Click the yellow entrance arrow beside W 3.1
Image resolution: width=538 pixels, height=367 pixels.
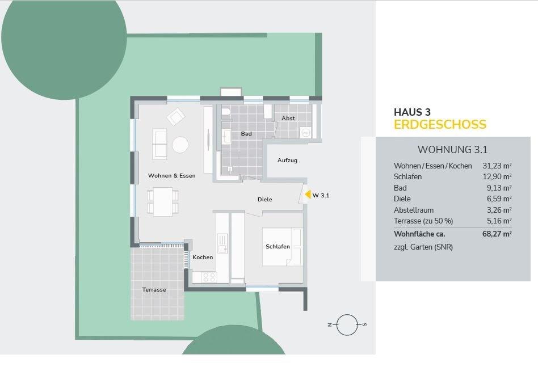pyautogui.click(x=308, y=195)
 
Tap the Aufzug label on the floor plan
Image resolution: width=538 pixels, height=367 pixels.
pyautogui.click(x=287, y=160)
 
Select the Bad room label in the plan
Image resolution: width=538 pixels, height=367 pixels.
pyautogui.click(x=246, y=133)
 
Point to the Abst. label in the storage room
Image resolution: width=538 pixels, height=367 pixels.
pyautogui.click(x=289, y=119)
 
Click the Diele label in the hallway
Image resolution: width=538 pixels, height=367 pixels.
pyautogui.click(x=264, y=199)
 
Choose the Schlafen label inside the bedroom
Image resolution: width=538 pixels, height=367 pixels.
pyautogui.click(x=278, y=246)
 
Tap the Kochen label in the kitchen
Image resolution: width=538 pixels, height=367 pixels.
pyautogui.click(x=203, y=258)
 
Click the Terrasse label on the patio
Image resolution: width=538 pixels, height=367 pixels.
pyautogui.click(x=154, y=289)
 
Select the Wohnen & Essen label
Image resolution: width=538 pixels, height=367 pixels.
pyautogui.click(x=171, y=176)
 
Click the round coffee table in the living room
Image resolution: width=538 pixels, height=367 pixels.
pyautogui.click(x=180, y=145)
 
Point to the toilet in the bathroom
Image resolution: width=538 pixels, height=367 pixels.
pyautogui.click(x=226, y=112)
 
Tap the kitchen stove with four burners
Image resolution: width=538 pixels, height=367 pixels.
pyautogui.click(x=209, y=277)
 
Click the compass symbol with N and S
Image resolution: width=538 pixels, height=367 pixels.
pyautogui.click(x=347, y=324)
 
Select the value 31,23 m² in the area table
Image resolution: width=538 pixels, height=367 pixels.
pyautogui.click(x=497, y=166)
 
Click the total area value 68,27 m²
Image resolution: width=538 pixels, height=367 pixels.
pyautogui.click(x=497, y=234)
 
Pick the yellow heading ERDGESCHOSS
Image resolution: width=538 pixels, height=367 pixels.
pyautogui.click(x=440, y=124)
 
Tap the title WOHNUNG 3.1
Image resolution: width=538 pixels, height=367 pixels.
pyautogui.click(x=452, y=150)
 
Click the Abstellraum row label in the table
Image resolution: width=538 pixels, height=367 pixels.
pyautogui.click(x=414, y=210)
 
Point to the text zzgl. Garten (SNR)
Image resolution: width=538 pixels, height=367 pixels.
pyautogui.click(x=423, y=247)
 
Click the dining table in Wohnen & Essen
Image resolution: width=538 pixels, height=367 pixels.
pyautogui.click(x=163, y=202)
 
